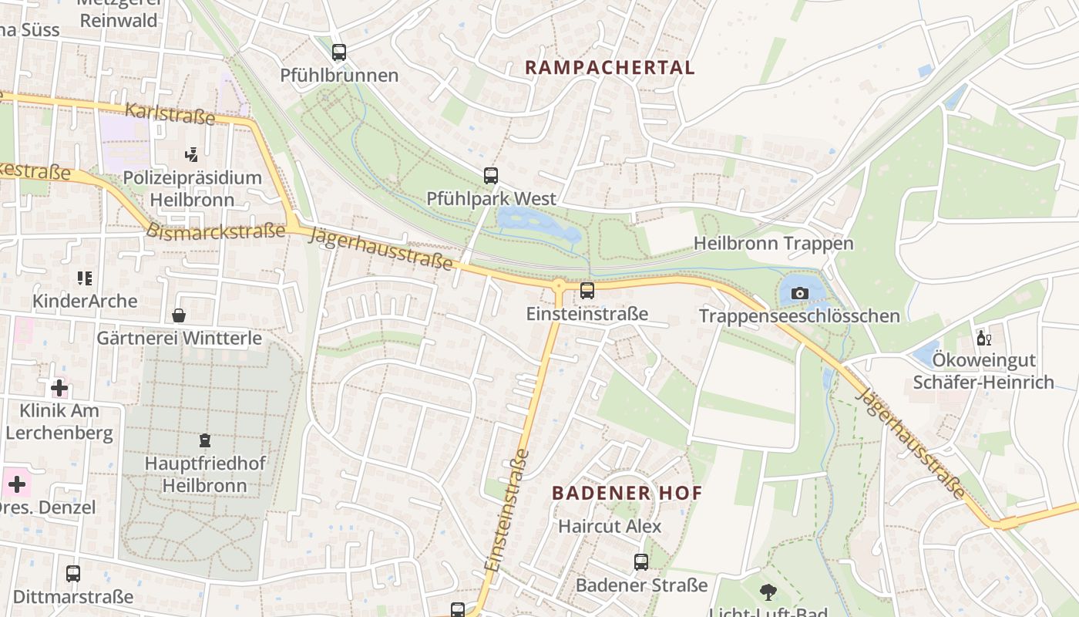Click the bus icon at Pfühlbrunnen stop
[339, 52]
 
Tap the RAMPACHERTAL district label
[610, 67]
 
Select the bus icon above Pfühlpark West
[491, 175]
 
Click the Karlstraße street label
[170, 113]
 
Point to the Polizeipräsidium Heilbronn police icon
[192, 155]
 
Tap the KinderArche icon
[85, 278]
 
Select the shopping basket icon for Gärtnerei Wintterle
[179, 315]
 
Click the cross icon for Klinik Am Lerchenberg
[59, 387]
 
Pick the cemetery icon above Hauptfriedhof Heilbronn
[205, 440]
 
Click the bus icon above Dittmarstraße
[73, 574]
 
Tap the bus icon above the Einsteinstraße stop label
[587, 291]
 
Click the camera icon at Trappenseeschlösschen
[799, 293]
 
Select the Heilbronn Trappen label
[773, 244]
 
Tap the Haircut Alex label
[610, 526]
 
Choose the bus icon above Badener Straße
[641, 562]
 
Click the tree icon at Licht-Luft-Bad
[768, 592]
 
